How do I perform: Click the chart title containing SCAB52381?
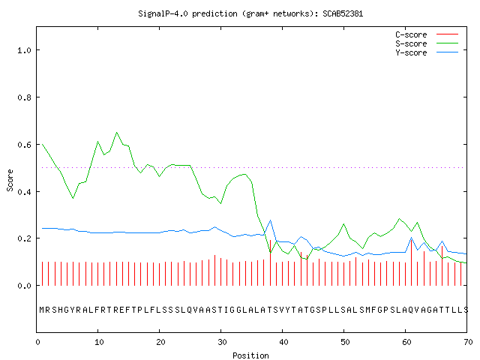[x=250, y=13]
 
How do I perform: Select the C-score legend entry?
[x=411, y=34]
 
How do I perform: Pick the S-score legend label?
[x=411, y=43]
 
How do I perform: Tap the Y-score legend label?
[x=411, y=52]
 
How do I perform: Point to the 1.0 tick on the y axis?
[x=24, y=50]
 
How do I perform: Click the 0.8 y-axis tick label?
[x=24, y=97]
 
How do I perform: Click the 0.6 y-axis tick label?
[x=24, y=145]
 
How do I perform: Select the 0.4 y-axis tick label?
[x=24, y=192]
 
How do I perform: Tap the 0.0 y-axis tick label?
[x=24, y=286]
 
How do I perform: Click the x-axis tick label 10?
[x=99, y=342]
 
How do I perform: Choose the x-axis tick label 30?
[x=222, y=342]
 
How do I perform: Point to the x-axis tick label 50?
[x=345, y=342]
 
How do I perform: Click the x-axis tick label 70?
[x=468, y=342]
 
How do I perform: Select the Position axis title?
[x=250, y=355]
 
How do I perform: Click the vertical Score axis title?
[x=10, y=180]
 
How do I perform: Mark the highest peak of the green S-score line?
[x=117, y=133]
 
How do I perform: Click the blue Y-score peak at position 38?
[x=270, y=220]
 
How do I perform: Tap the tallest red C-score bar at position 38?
[x=270, y=262]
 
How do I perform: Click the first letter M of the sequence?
[x=42, y=310]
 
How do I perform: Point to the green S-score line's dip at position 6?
[x=73, y=198]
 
